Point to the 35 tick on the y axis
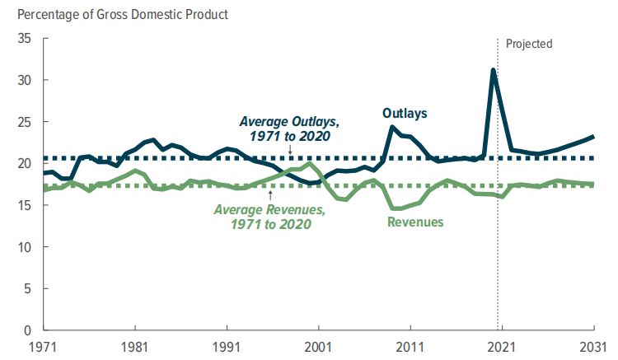point(24,39)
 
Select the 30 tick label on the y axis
point(24,81)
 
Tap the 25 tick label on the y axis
point(24,122)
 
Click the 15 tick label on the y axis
point(24,205)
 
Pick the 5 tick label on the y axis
point(27,288)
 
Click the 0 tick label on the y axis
point(27,330)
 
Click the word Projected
point(529,44)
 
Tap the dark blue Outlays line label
point(405,113)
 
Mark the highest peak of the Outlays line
point(493,70)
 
